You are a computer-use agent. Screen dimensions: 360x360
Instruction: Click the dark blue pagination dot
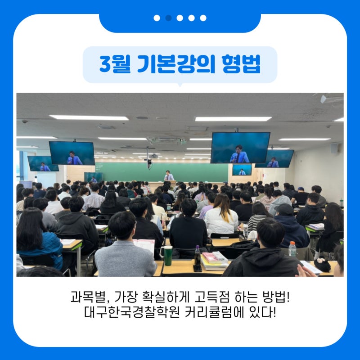coord(168,18)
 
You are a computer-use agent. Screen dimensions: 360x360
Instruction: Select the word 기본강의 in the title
coord(176,64)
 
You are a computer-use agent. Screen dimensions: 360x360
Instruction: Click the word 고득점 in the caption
coord(211,297)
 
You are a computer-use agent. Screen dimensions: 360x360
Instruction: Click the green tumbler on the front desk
coord(167,255)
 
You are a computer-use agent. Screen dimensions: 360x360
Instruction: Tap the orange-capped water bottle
coord(292,249)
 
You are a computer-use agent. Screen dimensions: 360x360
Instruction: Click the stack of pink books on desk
coord(214,261)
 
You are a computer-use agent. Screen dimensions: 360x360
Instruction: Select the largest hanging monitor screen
coord(240,148)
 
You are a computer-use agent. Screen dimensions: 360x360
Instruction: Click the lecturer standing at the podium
coord(169,175)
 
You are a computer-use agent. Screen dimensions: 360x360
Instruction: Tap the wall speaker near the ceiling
coord(333,148)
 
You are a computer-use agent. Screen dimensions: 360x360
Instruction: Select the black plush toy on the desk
coord(322,264)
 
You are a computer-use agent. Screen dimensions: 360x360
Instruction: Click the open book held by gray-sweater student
coord(144,246)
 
